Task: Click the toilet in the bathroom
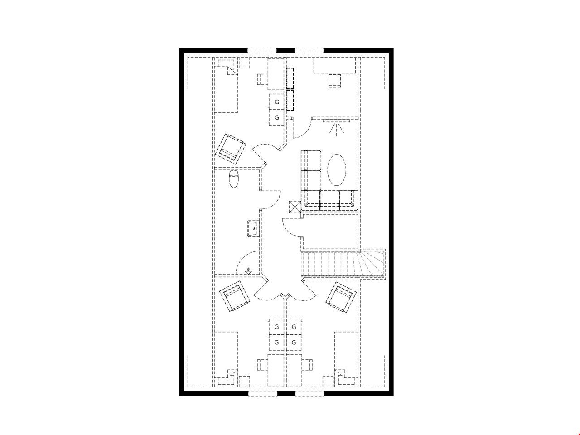233,179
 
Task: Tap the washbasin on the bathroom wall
252,228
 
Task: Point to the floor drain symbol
248,271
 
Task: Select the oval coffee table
337,170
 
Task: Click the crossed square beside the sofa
295,207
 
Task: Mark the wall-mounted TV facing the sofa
336,121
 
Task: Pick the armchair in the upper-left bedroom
231,149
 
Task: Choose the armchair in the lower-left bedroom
235,296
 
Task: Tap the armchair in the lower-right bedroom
341,297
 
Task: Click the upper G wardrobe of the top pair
277,101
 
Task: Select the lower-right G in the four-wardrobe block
294,343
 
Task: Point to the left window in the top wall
262,50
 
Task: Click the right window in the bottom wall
309,394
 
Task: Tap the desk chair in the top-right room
334,80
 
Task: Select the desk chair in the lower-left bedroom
262,365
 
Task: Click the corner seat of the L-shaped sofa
311,199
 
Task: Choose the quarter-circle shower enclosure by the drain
247,262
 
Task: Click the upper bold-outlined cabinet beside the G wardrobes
290,78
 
